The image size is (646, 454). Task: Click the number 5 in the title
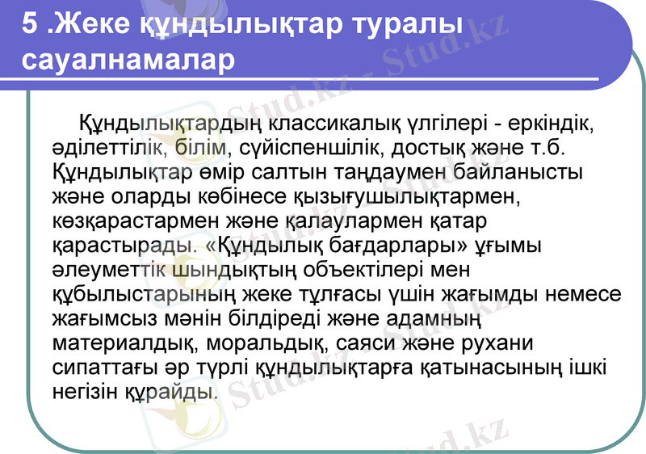coord(31,25)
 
